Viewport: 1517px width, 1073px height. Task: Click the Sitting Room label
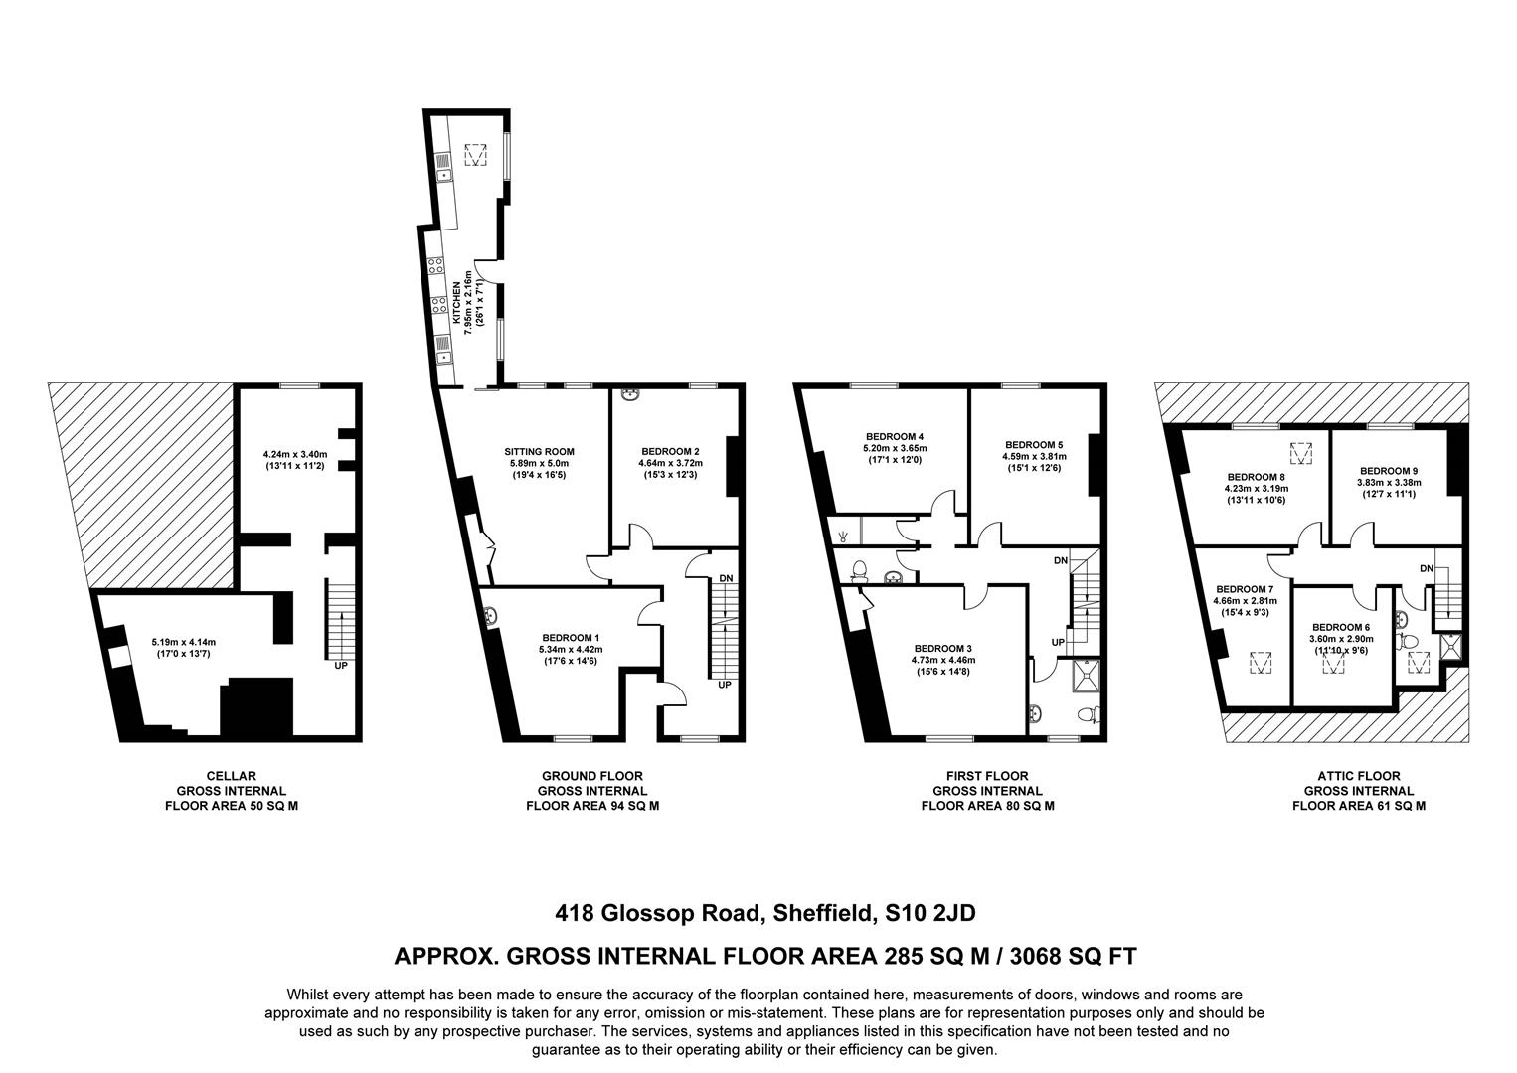[538, 451]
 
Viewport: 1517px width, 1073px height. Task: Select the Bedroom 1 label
[571, 638]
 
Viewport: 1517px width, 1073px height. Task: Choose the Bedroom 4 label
[895, 436]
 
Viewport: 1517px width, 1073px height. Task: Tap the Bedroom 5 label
[1034, 444]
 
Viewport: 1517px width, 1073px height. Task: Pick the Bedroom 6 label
[1340, 627]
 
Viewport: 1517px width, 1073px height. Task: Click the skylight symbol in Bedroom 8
[1300, 453]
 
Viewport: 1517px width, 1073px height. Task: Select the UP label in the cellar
[341, 665]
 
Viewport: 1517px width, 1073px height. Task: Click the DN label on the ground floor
[726, 578]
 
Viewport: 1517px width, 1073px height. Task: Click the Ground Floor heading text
[591, 776]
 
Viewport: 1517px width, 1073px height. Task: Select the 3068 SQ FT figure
[1073, 956]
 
